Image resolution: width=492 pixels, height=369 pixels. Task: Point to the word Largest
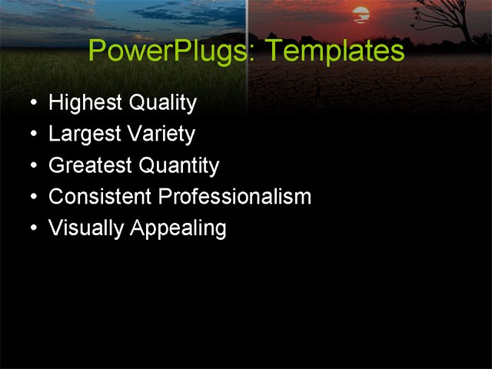tap(85, 135)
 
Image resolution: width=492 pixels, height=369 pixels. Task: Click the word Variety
tap(161, 135)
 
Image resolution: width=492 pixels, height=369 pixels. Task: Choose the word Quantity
tap(180, 166)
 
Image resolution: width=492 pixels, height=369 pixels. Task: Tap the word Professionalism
tap(234, 197)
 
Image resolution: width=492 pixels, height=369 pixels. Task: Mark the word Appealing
tap(178, 229)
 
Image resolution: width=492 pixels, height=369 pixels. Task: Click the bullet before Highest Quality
tap(31, 103)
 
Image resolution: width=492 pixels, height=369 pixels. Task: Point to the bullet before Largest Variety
tap(31, 135)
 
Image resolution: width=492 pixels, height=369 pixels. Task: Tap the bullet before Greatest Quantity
tap(31, 166)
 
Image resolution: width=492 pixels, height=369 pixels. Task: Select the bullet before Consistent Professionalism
tap(31, 198)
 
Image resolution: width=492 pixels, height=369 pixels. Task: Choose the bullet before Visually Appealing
tap(31, 229)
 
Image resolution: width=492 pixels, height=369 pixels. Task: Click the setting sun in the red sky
tap(361, 14)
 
